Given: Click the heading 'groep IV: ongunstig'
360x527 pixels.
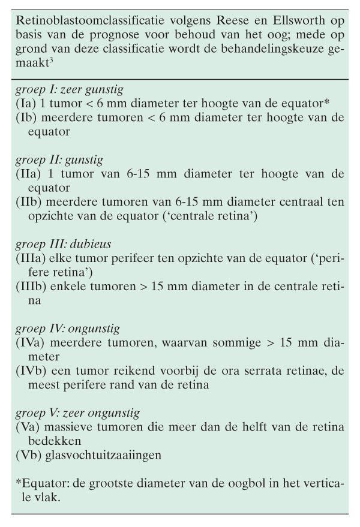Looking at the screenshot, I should (68, 329).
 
